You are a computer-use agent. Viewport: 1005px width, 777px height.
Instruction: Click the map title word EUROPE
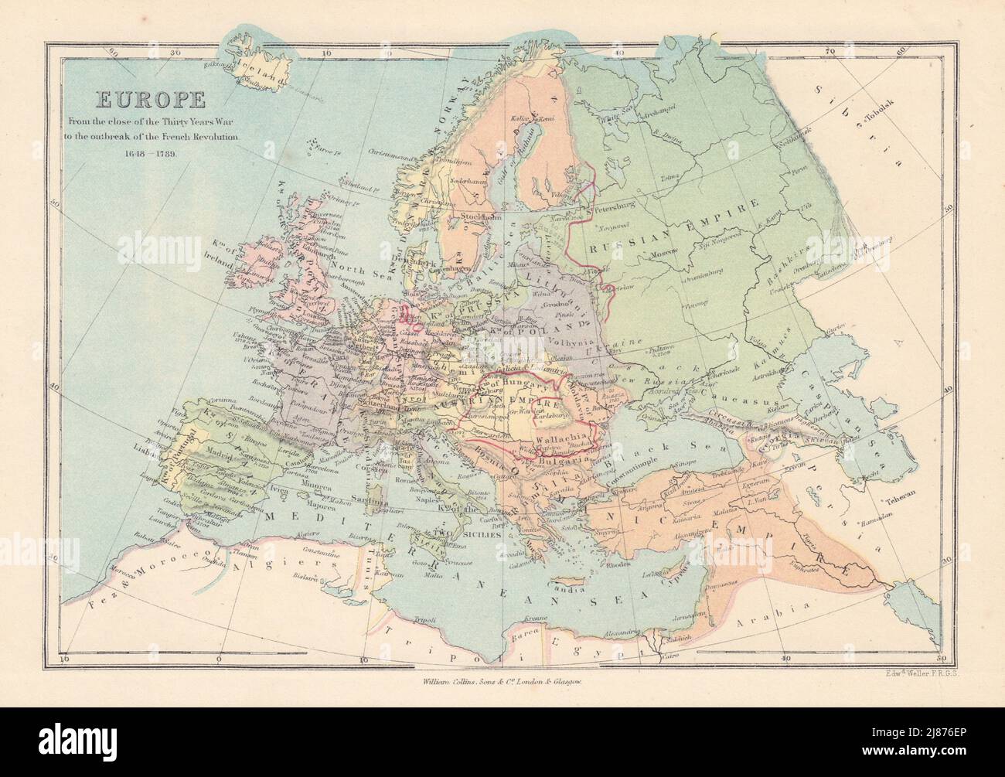pyautogui.click(x=139, y=100)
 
